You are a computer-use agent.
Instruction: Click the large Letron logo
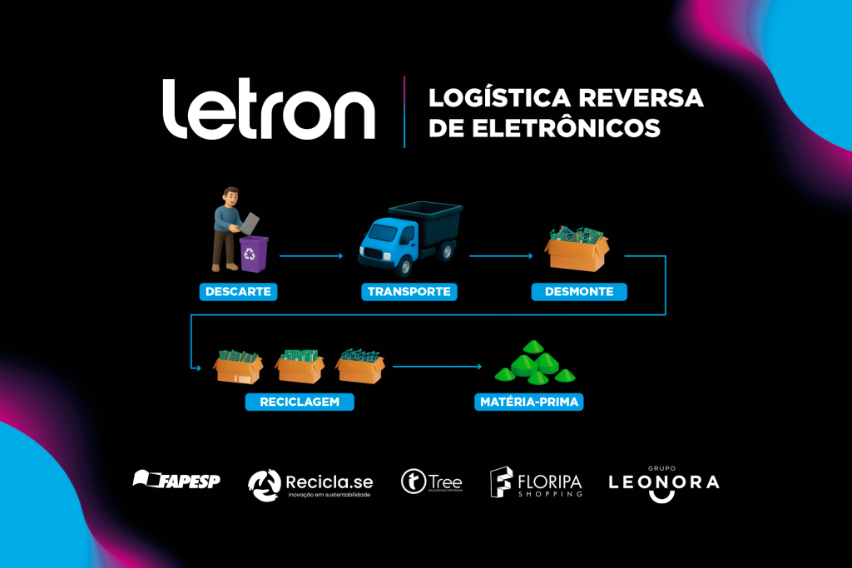268,110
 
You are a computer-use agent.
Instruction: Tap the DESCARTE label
238,292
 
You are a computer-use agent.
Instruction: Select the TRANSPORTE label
409,292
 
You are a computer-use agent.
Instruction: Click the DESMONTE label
579,292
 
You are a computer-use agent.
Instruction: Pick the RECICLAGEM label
300,403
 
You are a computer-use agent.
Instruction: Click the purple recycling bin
254,253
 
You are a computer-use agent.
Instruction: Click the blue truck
409,237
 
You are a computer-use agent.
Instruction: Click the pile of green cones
529,364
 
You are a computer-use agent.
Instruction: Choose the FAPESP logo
176,480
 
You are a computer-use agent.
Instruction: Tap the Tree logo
431,482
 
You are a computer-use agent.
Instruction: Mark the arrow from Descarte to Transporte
310,255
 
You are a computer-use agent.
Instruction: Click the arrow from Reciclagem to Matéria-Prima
437,366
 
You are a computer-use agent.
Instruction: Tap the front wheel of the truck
403,267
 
